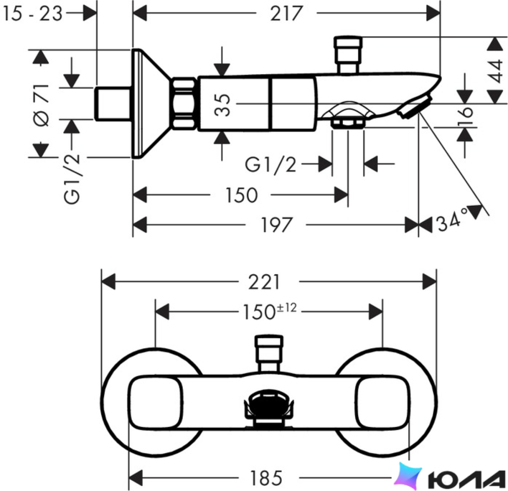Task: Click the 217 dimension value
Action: pos(286,13)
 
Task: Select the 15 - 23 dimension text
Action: pos(32,13)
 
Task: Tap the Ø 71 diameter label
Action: pos(42,105)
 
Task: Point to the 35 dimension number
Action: pos(223,105)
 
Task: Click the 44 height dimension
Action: pos(496,71)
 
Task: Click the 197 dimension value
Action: pos(276,225)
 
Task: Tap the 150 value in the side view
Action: pos(242,195)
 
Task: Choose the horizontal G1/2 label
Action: pos(271,164)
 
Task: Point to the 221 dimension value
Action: pos(264,282)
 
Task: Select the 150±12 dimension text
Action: pos(270,311)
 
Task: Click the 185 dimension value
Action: pos(266,478)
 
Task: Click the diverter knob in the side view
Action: pos(348,54)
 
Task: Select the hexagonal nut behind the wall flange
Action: pos(184,103)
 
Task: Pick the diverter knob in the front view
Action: pos(269,353)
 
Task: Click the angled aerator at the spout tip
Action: pos(415,107)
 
